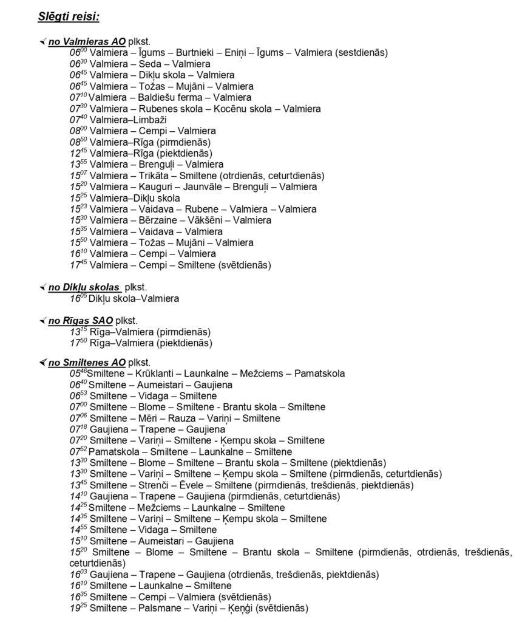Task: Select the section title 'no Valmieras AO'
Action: [x=87, y=41]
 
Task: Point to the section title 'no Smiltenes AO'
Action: [x=87, y=363]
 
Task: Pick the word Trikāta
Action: [x=146, y=176]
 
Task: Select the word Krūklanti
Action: [x=155, y=374]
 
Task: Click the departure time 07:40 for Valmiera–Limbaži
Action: [x=78, y=120]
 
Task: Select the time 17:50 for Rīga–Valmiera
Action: [x=79, y=343]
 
